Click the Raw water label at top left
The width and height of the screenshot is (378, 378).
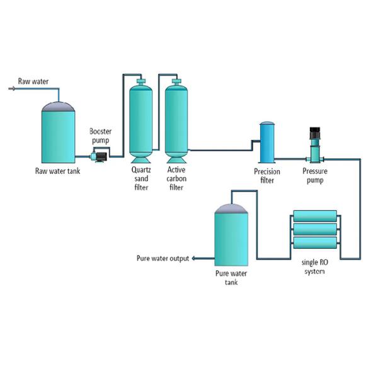coord(33,81)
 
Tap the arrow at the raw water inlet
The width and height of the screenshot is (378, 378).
coord(11,89)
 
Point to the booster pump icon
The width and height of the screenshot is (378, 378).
coord(98,156)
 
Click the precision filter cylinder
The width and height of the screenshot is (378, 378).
coord(267,143)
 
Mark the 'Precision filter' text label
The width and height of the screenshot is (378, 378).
coord(267,176)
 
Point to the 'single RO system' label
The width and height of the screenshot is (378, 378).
coord(314,267)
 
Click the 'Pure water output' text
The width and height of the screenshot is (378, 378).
coord(163,258)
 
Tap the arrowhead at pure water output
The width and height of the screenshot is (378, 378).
coord(194,258)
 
